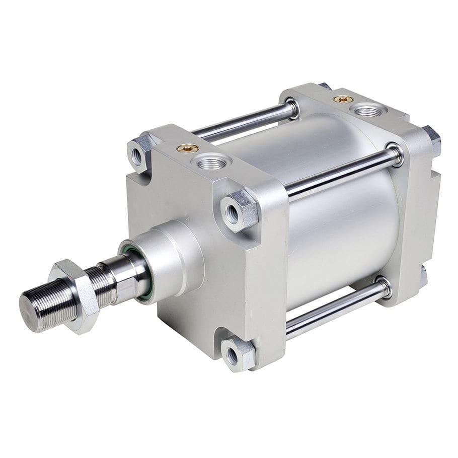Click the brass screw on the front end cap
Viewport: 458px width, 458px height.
click(x=187, y=148)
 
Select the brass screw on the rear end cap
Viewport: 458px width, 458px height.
click(x=343, y=99)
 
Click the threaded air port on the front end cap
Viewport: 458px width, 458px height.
click(x=211, y=162)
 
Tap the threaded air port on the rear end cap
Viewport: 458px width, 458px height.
click(x=369, y=110)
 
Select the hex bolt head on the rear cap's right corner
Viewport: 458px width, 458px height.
click(x=432, y=140)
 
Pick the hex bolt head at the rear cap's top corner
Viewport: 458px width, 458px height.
click(x=325, y=86)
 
